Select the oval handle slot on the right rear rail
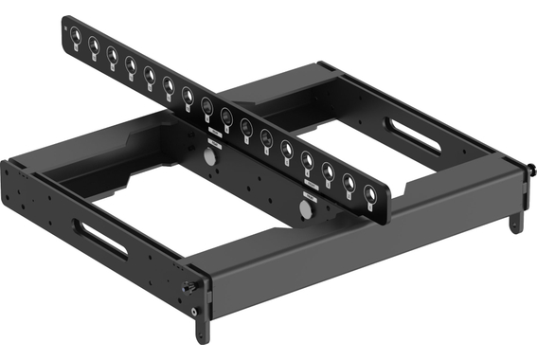tap(412, 135)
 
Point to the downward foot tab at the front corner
tap(203, 327)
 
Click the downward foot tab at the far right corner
tap(515, 222)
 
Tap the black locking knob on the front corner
tap(191, 286)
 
